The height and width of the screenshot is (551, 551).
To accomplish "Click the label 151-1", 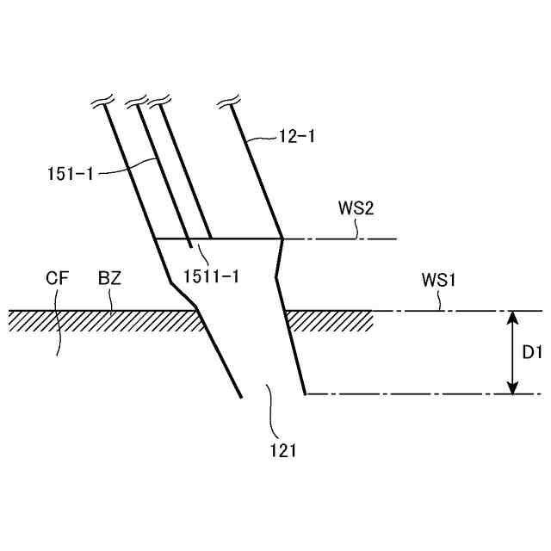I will (70, 172).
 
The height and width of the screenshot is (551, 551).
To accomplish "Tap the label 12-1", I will (296, 135).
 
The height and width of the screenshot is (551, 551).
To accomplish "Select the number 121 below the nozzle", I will (282, 449).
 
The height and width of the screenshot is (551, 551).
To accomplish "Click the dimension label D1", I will (531, 352).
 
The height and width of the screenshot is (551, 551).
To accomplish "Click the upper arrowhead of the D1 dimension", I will (512, 317).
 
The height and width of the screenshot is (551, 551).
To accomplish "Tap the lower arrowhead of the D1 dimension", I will (512, 388).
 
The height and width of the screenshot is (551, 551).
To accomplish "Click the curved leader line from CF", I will (57, 327).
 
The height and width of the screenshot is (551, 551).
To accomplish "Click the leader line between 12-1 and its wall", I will (263, 138).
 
